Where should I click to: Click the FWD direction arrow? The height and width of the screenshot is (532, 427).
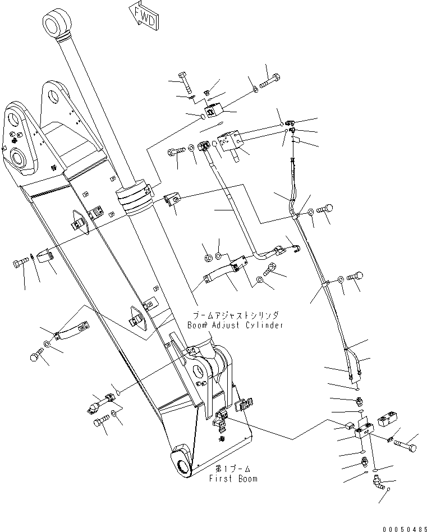click(x=144, y=14)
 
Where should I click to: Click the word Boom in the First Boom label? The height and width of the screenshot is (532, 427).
click(x=247, y=479)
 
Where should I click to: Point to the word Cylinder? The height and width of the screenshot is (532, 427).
click(x=264, y=325)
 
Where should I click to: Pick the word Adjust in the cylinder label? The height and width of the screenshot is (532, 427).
click(x=225, y=325)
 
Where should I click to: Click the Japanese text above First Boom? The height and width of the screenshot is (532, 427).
click(x=233, y=468)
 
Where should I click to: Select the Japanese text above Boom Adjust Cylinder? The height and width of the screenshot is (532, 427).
click(x=236, y=316)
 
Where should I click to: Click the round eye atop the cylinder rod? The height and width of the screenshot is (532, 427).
click(x=57, y=24)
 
